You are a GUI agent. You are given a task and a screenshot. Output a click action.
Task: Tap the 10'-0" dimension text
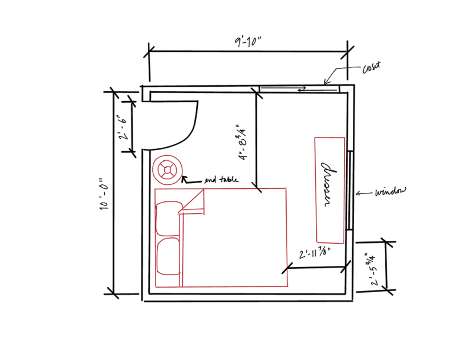click(x=104, y=195)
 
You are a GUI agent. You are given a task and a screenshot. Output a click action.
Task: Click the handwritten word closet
click(x=371, y=68)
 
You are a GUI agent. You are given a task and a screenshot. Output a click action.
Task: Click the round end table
click(x=168, y=170)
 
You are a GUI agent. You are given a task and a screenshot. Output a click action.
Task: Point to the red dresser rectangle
click(x=330, y=189)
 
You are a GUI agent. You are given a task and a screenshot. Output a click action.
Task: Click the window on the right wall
click(x=348, y=191)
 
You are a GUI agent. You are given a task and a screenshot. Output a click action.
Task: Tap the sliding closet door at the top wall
click(x=299, y=88)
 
